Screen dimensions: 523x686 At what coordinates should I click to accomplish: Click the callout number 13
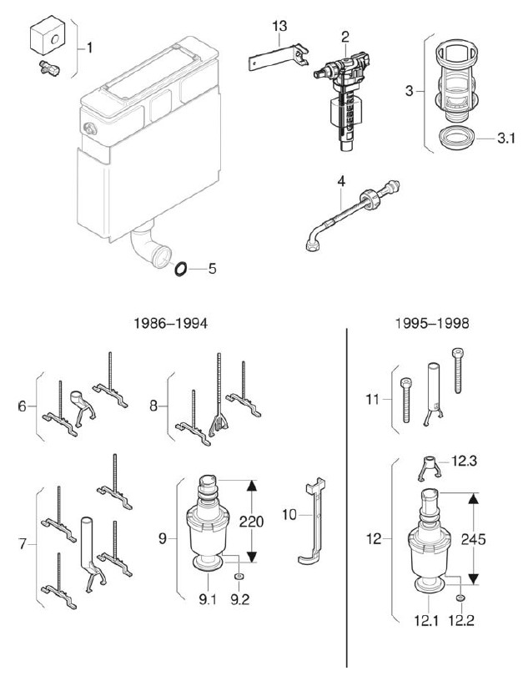tap(279, 26)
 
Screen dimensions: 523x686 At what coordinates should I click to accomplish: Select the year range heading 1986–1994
tap(170, 323)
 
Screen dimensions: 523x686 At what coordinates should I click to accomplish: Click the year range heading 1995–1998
tap(432, 323)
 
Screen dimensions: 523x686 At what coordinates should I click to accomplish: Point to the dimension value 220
tap(251, 522)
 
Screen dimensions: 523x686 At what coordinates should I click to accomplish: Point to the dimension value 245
tap(473, 539)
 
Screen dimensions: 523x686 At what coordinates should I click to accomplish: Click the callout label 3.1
tap(506, 139)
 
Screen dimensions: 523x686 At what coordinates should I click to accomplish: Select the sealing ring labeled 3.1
tap(455, 139)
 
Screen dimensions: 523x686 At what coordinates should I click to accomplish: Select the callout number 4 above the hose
tap(341, 181)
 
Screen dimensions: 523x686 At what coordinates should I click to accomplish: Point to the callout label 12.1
tap(426, 620)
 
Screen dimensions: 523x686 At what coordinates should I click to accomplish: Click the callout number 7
tap(23, 544)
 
